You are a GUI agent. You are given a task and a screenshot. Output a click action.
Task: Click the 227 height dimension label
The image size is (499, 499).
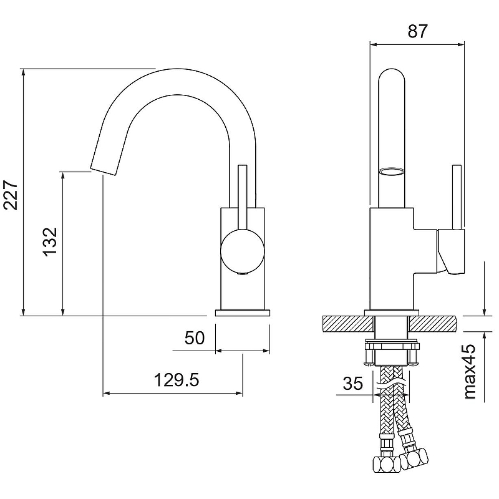tap(11, 195)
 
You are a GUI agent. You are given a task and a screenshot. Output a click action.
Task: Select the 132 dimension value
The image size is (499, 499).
tap(51, 242)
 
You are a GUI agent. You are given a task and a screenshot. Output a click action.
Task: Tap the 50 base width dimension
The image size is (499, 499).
tap(195, 337)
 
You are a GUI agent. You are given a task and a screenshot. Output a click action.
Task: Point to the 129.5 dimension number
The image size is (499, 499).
tap(177, 380)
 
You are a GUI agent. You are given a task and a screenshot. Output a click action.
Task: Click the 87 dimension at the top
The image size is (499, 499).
tap(417, 31)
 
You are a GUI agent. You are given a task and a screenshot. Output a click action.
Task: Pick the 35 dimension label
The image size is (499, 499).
tap(352, 383)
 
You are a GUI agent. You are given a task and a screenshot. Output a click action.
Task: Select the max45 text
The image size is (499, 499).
tap(470, 371)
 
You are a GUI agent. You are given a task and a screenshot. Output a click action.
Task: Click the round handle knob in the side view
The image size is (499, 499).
tap(243, 251)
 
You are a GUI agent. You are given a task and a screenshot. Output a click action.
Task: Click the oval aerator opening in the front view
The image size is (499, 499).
tap(392, 172)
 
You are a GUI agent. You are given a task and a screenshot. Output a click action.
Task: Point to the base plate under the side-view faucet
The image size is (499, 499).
tap(243, 313)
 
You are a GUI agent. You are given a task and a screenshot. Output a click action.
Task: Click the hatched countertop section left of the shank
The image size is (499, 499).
tap(348, 324)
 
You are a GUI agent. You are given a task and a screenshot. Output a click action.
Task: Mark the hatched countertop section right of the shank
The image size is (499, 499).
tap(433, 324)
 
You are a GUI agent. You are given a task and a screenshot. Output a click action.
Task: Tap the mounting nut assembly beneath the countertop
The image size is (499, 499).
tap(392, 353)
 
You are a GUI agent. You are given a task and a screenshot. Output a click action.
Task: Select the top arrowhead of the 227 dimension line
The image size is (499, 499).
tap(23, 72)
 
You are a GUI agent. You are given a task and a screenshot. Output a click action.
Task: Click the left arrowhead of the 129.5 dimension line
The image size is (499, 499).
tap(107, 394)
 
